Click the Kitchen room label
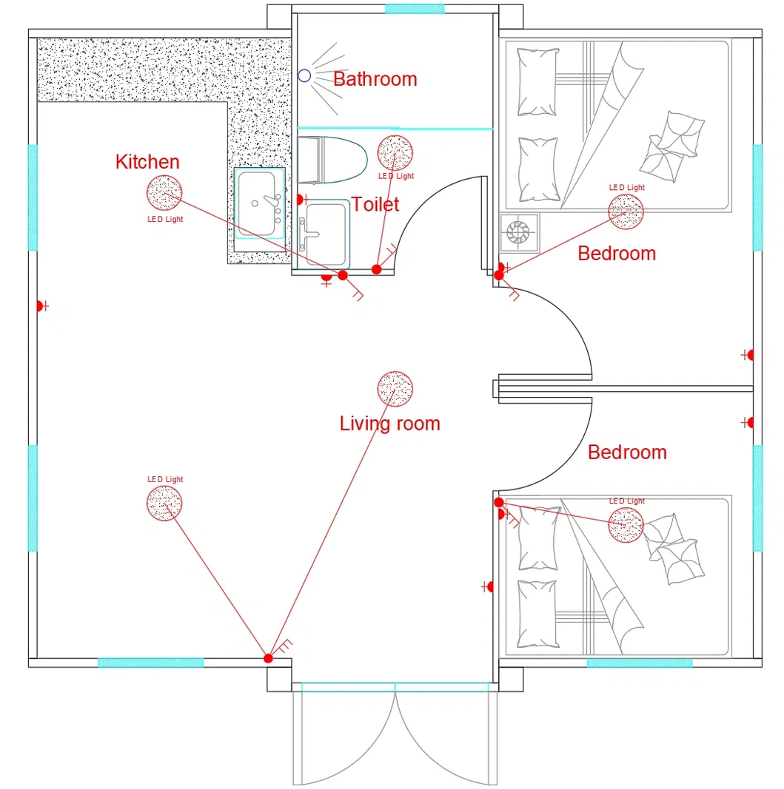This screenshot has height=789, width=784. (x=147, y=162)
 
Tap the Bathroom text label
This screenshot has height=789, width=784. (x=375, y=79)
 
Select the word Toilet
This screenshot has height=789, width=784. (x=375, y=204)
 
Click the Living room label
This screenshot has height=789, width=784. (x=389, y=424)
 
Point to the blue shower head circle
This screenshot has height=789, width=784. (x=304, y=75)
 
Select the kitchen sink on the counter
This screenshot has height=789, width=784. (x=259, y=203)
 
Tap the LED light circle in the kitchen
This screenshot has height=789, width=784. (x=164, y=193)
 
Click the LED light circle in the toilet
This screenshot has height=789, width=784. (x=395, y=152)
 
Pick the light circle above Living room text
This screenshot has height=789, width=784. (x=395, y=388)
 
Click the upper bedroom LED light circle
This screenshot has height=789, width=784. (x=626, y=211)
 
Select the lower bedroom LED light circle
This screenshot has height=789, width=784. (x=626, y=525)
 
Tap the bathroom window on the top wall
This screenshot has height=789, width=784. (x=415, y=9)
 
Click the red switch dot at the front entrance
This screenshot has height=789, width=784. (x=268, y=658)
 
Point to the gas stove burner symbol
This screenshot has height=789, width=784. (x=517, y=234)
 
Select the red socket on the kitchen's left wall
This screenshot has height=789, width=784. (x=41, y=305)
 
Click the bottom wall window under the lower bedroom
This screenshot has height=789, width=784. (x=640, y=663)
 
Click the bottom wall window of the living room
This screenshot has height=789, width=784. (x=150, y=663)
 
